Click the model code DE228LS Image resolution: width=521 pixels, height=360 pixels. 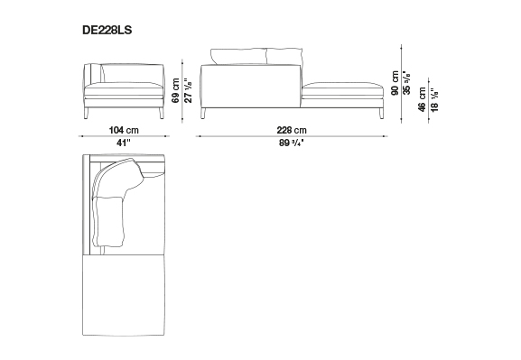click(x=107, y=30)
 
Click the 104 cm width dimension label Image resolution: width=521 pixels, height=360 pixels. click(x=124, y=130)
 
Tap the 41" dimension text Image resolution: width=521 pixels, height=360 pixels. click(x=124, y=143)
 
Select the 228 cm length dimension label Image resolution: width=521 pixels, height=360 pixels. click(x=292, y=130)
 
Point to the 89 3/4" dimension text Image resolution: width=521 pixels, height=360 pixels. click(x=292, y=143)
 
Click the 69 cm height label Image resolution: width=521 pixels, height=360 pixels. click(x=176, y=90)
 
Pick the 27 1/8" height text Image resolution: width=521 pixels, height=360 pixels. click(x=189, y=90)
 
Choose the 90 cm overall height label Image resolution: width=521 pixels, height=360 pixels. click(x=395, y=83)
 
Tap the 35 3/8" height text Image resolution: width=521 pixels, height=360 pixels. click(x=406, y=83)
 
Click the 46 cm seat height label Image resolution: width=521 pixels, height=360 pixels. click(x=422, y=99)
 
